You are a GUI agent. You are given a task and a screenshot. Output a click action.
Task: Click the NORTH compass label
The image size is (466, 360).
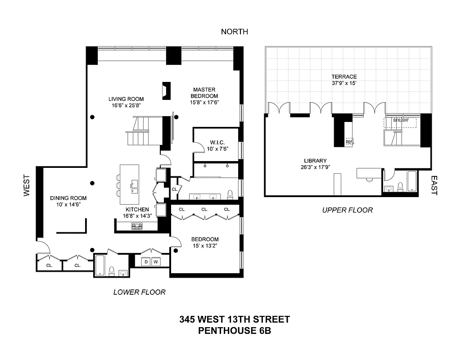234,31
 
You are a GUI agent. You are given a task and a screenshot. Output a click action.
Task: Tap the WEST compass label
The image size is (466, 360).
27,185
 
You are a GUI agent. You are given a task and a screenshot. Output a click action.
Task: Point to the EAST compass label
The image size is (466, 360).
434,185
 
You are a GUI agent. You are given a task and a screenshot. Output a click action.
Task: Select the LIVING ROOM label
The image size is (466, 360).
126,99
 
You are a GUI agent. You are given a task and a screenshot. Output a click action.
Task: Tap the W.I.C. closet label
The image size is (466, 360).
217,143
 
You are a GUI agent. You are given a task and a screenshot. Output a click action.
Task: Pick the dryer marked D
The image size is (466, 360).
145,261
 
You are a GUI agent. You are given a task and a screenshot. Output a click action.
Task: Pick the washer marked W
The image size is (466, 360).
156,261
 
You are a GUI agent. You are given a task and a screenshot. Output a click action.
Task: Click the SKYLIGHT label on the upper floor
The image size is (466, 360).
400,121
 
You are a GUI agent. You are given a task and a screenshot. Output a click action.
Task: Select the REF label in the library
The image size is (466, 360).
349,142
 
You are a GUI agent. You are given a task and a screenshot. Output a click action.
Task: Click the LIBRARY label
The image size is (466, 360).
315,161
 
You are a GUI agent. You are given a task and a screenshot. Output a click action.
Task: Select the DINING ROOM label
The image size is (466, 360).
68,198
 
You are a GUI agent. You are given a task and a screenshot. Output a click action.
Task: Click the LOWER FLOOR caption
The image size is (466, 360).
139,292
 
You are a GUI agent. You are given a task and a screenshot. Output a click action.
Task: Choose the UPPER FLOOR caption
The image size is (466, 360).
348,210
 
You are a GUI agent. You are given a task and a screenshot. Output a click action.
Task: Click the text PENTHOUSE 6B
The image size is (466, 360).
234,331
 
